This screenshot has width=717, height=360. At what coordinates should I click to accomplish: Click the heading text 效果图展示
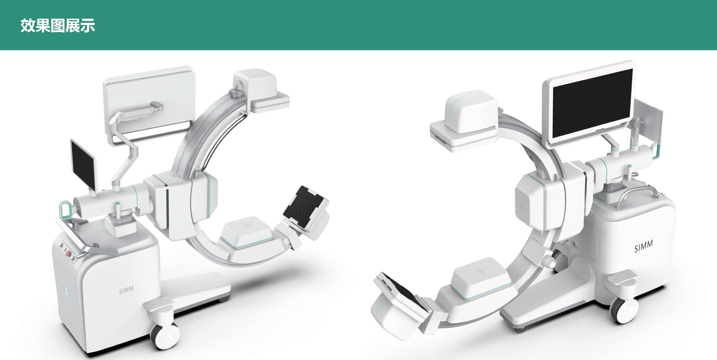(x=58, y=26)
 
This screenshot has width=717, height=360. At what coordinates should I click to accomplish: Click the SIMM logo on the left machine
(x=126, y=290)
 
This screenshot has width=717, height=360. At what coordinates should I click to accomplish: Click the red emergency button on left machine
(x=68, y=254)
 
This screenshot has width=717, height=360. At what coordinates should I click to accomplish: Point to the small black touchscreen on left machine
(x=83, y=164)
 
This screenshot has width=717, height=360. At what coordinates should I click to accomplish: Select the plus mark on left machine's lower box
(x=247, y=226)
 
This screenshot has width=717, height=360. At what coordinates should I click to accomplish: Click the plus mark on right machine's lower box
(x=481, y=271)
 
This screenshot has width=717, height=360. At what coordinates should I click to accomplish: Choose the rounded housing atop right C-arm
(x=471, y=110)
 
